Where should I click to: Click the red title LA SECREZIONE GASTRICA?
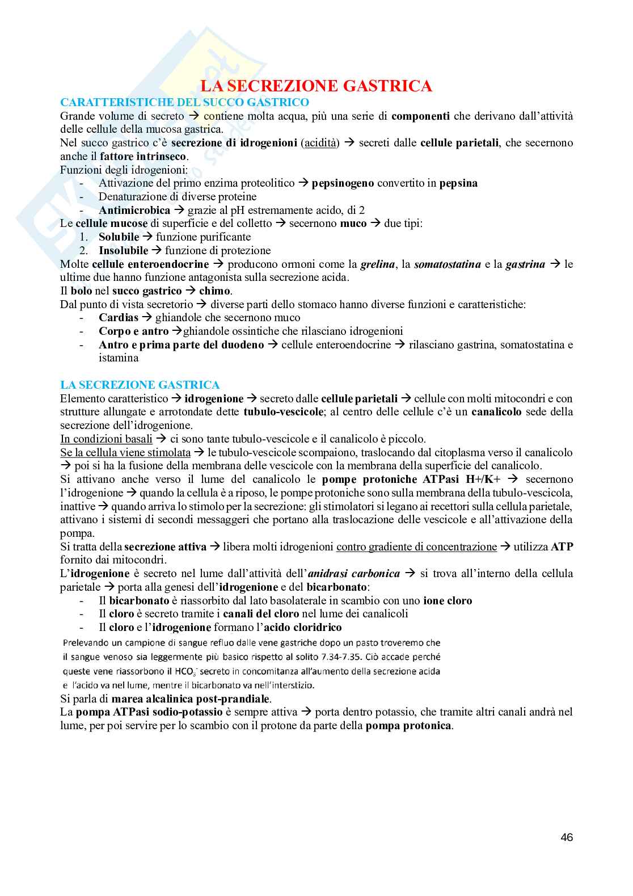(x=317, y=86)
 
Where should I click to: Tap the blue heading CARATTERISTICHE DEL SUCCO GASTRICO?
(x=184, y=102)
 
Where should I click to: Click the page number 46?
(x=566, y=837)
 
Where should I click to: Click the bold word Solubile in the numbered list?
(x=119, y=237)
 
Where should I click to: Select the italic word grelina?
(x=378, y=264)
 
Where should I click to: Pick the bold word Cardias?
(x=119, y=318)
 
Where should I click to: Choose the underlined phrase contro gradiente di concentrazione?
(x=416, y=547)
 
